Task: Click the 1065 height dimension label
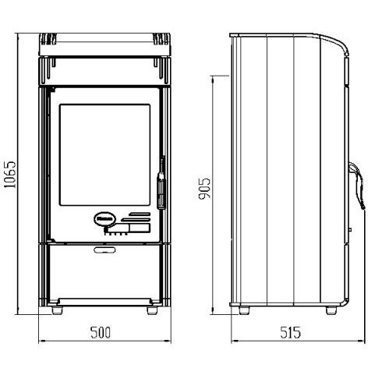(x=10, y=175)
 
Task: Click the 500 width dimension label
(x=101, y=332)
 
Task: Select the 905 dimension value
(x=204, y=189)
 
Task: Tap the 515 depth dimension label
(x=290, y=332)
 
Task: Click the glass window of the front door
(x=104, y=155)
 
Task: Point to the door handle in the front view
(x=161, y=182)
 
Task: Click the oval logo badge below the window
(x=104, y=219)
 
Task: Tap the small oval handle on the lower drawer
(x=104, y=249)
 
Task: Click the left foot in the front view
(x=58, y=310)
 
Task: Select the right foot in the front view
(x=152, y=310)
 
